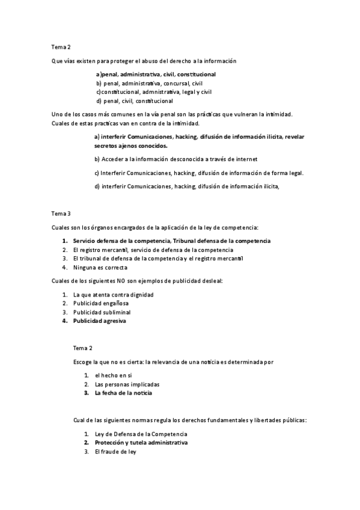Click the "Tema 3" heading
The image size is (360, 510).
(61, 213)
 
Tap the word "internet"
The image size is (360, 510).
(245, 159)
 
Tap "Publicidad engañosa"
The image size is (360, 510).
(101, 304)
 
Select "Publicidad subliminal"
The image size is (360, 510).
(102, 312)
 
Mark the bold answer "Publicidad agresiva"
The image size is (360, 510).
(100, 321)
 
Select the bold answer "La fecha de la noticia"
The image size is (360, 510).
(123, 393)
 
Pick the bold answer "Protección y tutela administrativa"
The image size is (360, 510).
(141, 443)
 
